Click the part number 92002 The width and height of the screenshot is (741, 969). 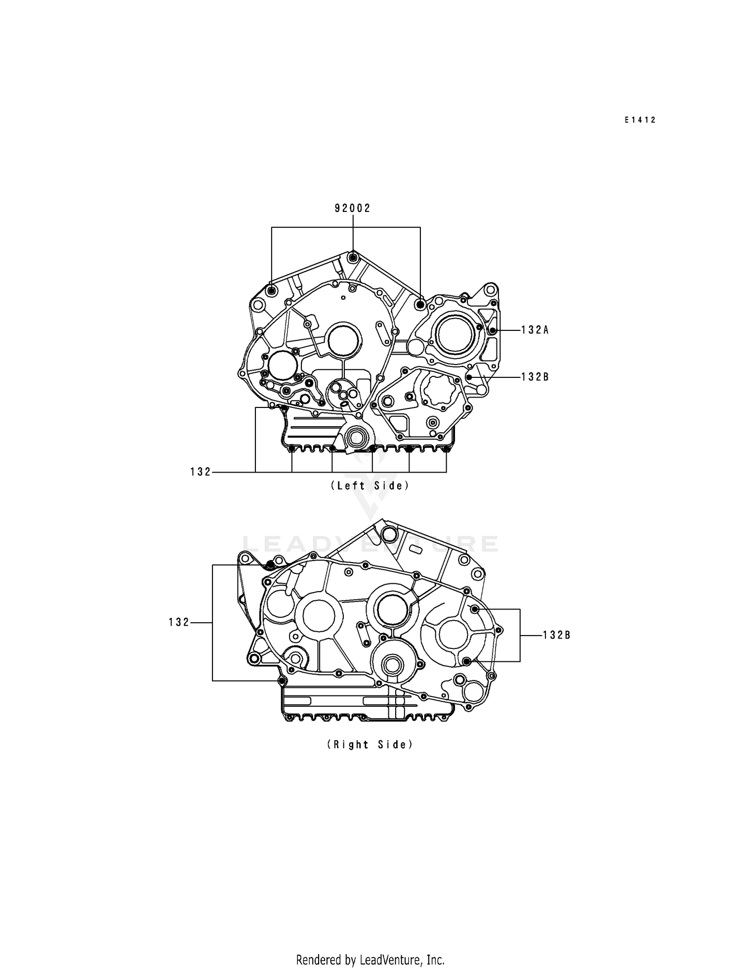coord(352,208)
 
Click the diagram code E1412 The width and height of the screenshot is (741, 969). coord(640,120)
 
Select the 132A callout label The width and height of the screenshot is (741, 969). coord(535,330)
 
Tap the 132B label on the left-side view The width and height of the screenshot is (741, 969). coord(535,377)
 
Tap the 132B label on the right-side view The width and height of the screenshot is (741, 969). coord(557,636)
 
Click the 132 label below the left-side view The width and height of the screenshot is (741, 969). coord(201,472)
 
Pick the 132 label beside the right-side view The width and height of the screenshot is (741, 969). coord(179,623)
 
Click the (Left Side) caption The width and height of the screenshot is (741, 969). coord(370,485)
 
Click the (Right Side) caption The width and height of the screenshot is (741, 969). coord(370,744)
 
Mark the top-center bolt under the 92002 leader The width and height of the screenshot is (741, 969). coord(353,257)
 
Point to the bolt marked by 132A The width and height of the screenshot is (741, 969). coord(492,330)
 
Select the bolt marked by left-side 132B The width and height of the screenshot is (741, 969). coord(469,377)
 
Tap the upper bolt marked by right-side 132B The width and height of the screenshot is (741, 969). coord(475,609)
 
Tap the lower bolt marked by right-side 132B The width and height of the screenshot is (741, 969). coord(466,661)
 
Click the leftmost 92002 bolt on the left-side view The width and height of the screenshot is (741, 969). coord(271,291)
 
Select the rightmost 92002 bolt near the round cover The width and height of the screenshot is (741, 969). coord(420,304)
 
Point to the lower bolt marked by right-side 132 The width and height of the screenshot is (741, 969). coord(282,681)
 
